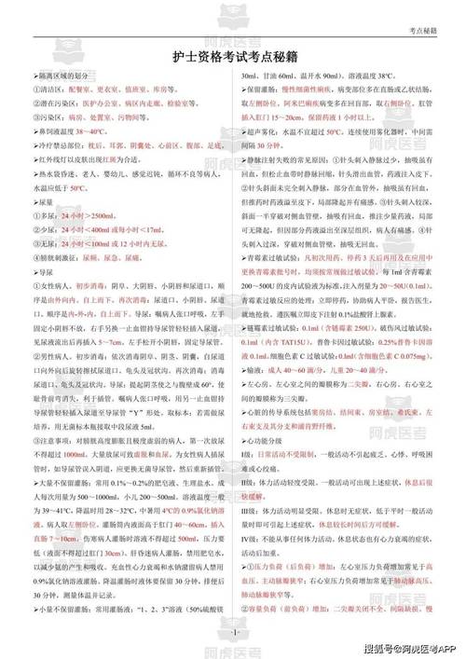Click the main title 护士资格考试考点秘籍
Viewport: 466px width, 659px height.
point(232,56)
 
